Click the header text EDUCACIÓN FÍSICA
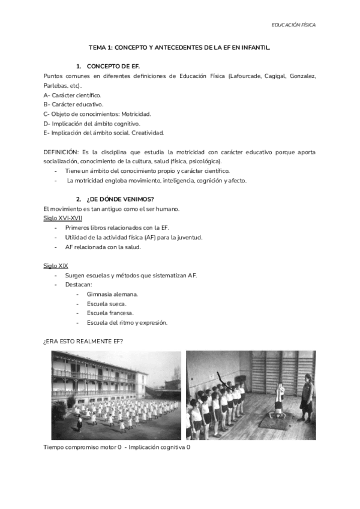point(293,25)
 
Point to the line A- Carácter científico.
point(73,95)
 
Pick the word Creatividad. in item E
point(149,133)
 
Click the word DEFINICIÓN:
point(61,152)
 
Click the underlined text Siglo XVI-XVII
point(63,218)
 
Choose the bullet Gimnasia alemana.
point(112,294)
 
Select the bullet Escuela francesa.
point(110,313)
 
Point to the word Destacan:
point(79,285)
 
